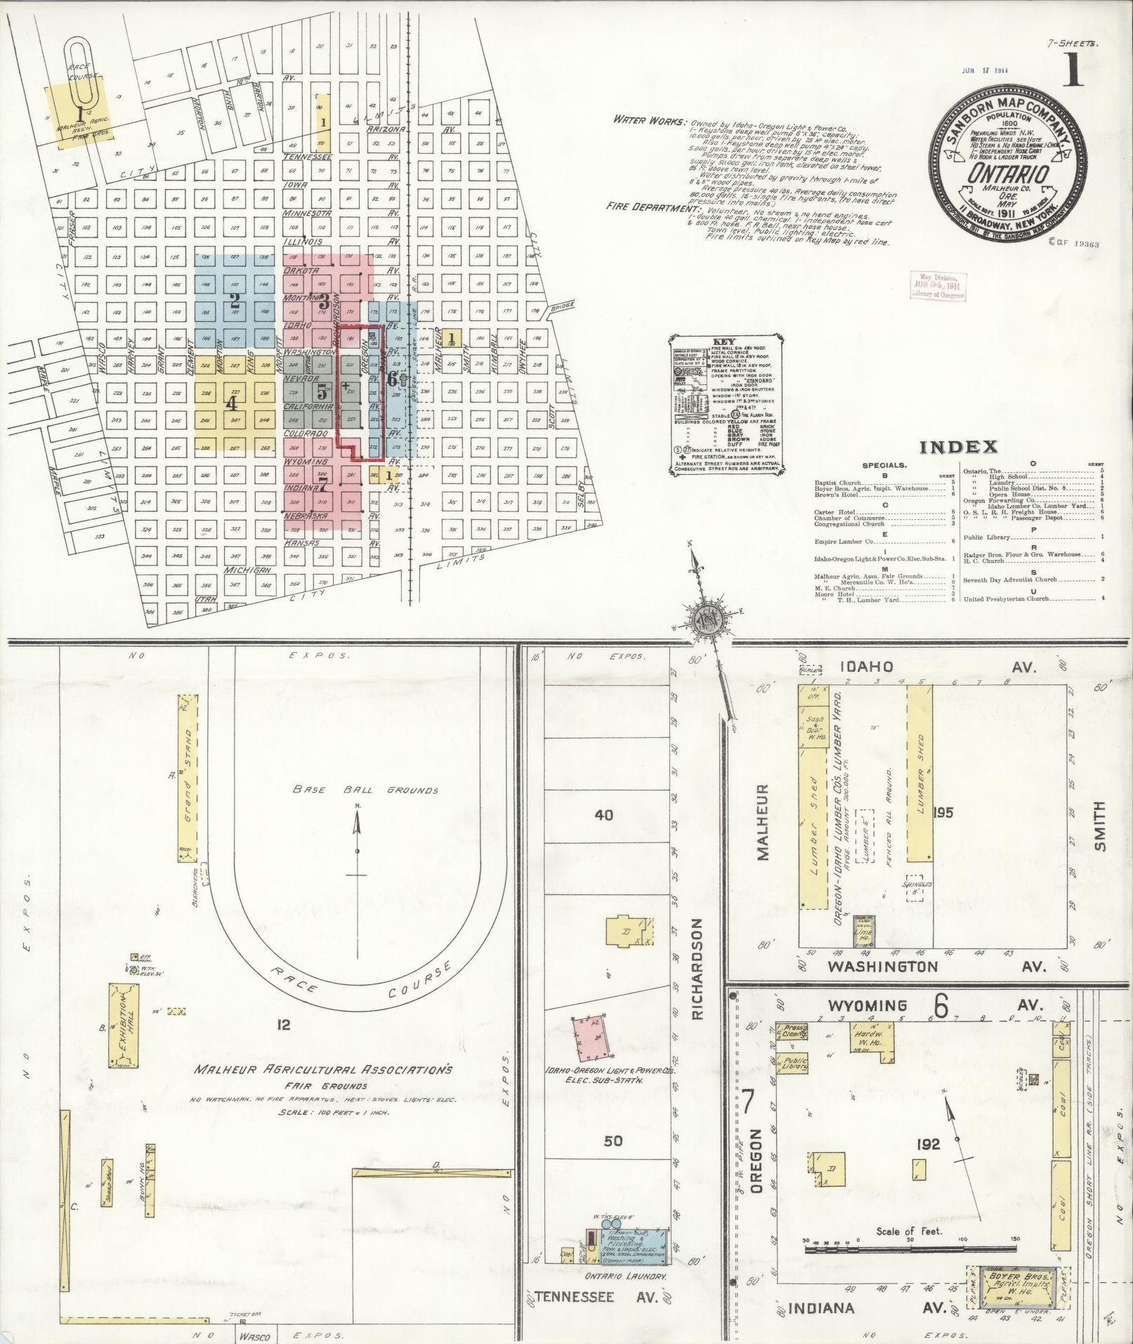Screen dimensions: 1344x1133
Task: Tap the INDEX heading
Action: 959,447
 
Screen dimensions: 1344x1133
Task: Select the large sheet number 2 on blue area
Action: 235,302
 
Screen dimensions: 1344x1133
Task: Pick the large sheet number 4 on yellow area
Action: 231,404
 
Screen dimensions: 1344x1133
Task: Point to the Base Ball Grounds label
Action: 365,790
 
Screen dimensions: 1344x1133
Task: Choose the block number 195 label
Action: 943,813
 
